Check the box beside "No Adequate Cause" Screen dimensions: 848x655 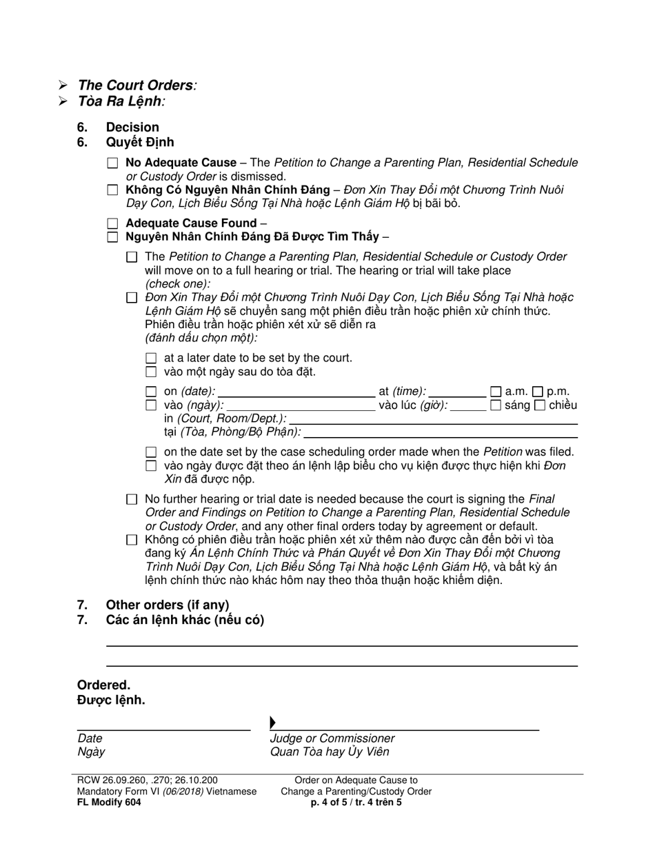[113, 163]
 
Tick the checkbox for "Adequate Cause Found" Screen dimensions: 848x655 [113, 223]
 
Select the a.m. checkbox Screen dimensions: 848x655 [496, 392]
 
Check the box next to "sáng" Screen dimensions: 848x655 [496, 405]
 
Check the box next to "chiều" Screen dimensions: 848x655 [541, 405]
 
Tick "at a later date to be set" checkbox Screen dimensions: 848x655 [152, 359]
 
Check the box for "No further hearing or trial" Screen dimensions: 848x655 [132, 499]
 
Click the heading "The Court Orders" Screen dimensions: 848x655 [135, 85]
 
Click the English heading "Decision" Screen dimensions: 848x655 [132, 128]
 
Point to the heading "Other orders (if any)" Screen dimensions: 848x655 [168, 605]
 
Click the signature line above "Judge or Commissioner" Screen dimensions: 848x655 [407, 728]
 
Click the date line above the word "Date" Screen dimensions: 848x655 [163, 728]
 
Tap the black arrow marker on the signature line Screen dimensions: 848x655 [273, 723]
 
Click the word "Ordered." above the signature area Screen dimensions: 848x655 [103, 685]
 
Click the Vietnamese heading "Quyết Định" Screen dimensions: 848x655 [140, 143]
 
